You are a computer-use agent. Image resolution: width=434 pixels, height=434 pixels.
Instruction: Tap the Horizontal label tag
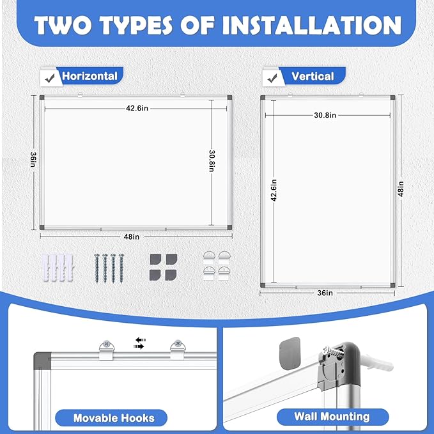pyautogui.click(x=89, y=76)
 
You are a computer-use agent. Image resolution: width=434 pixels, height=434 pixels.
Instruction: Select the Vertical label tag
pyautogui.click(x=313, y=77)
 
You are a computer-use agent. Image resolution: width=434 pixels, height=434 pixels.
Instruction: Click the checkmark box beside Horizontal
pyautogui.click(x=48, y=77)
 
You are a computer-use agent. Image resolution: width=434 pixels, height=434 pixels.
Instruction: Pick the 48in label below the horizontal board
pyautogui.click(x=132, y=236)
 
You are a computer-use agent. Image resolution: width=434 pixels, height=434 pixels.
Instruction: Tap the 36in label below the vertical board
pyautogui.click(x=325, y=293)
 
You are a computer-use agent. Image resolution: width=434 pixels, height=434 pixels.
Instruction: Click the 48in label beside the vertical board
pyautogui.click(x=401, y=190)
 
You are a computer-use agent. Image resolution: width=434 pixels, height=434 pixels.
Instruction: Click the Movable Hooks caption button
pyautogui.click(x=114, y=418)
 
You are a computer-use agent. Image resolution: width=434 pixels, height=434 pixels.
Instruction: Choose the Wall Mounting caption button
pyautogui.click(x=332, y=417)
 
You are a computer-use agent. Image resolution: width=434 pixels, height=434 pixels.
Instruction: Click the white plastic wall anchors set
pyautogui.click(x=56, y=267)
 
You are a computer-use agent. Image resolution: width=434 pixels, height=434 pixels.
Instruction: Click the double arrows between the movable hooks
pyautogui.click(x=139, y=343)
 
